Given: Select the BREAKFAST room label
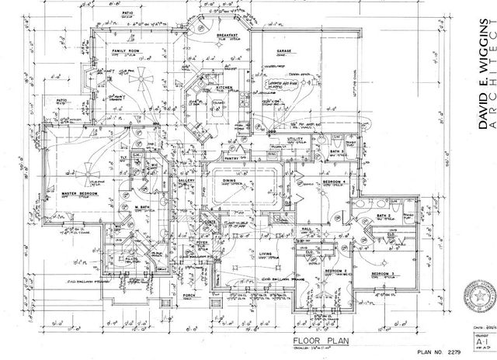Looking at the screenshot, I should click(x=228, y=36).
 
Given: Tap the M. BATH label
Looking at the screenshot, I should click(x=142, y=207).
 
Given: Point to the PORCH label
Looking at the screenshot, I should click(x=189, y=296).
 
